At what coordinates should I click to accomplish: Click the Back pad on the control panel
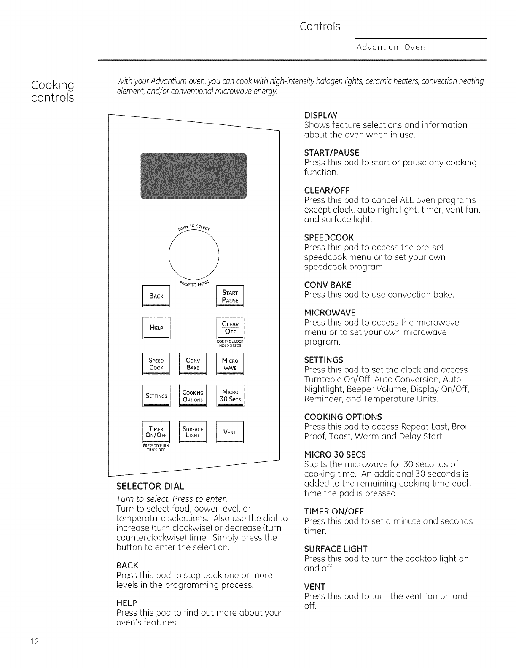tap(156, 296)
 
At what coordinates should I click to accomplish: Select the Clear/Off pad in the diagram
tap(230, 328)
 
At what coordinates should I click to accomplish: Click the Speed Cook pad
tap(156, 364)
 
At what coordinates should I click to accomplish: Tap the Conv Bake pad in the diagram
tap(193, 364)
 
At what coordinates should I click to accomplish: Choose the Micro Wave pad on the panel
tap(230, 364)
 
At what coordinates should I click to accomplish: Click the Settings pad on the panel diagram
tap(156, 396)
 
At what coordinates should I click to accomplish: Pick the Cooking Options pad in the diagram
tap(193, 396)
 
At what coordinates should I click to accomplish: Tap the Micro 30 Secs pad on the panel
tap(230, 396)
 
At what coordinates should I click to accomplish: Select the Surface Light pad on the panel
tap(193, 432)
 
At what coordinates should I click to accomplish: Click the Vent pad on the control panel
tap(230, 432)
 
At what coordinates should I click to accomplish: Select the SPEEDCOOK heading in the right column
tap(329, 237)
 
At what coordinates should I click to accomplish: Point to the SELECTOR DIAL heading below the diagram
tap(150, 485)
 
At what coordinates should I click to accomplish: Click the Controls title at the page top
tap(320, 26)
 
